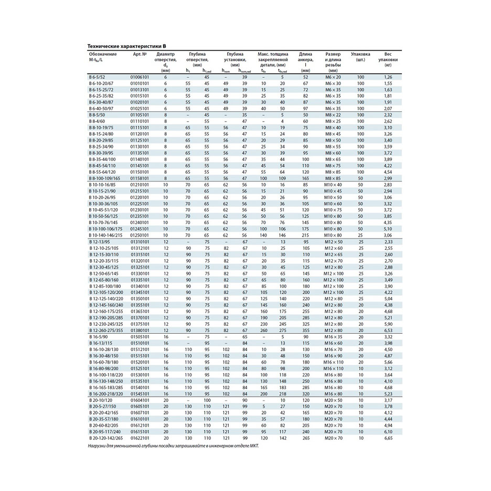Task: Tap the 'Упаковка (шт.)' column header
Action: [360, 57]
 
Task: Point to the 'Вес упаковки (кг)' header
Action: [388, 60]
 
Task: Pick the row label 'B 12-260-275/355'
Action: [106, 330]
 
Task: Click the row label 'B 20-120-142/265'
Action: [106, 437]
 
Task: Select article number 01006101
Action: [140, 77]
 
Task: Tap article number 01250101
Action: [140, 236]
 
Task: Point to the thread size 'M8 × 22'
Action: [333, 114]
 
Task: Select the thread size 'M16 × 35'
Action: [333, 336]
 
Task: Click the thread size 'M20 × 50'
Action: [333, 400]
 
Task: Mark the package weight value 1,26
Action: [388, 77]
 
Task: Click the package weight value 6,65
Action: [388, 437]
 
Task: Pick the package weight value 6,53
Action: [388, 330]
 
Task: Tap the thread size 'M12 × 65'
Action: [333, 254]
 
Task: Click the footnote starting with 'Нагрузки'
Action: [174, 445]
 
